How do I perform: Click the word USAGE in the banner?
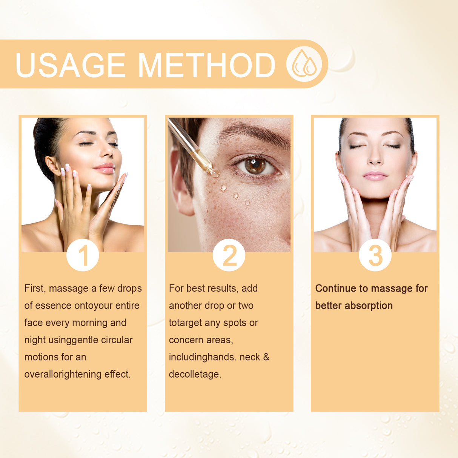70,65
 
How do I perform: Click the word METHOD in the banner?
206,65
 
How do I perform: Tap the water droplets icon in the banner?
304,64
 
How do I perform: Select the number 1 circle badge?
83,255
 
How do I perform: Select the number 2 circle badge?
229,255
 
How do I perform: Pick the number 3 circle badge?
375,255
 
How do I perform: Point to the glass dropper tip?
213,172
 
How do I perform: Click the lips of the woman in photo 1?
105,168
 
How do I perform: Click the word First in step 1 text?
35,288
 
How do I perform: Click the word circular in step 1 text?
117,340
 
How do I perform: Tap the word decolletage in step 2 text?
195,374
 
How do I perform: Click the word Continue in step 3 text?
336,289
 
